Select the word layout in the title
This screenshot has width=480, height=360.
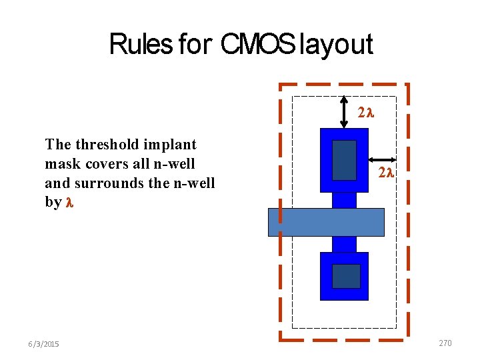click(336, 45)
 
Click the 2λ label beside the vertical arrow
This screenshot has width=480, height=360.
click(366, 113)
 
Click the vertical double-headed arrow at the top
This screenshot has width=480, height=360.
click(343, 112)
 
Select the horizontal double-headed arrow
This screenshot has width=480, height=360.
click(383, 159)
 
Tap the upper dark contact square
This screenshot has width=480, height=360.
click(344, 160)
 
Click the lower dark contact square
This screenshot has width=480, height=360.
click(346, 276)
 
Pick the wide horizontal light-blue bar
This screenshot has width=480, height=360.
click(326, 222)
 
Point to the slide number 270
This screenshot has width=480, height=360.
click(445, 343)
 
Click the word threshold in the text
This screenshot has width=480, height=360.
click(107, 144)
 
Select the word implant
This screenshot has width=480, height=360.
click(170, 144)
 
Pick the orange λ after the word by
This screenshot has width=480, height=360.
click(69, 202)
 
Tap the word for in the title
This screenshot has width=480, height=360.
click(193, 45)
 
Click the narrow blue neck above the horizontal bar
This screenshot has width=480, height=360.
click(344, 200)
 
